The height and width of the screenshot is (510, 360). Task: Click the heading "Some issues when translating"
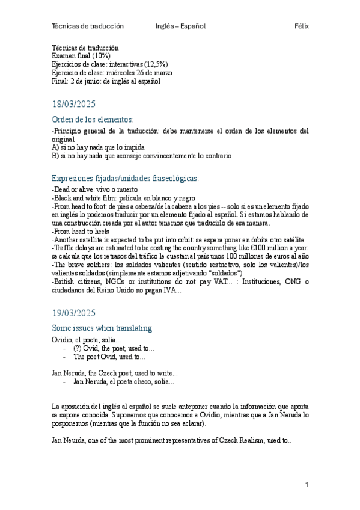pyautogui.click(x=102, y=328)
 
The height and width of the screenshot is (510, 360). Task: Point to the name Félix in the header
pyautogui.click(x=302, y=26)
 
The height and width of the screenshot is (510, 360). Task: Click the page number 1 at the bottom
pyautogui.click(x=307, y=485)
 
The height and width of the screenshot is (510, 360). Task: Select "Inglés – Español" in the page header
pyautogui.click(x=180, y=26)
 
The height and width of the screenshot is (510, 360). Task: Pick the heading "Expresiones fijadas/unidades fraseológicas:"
pyautogui.click(x=126, y=178)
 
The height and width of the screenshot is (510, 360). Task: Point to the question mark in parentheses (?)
pyautogui.click(x=77, y=348)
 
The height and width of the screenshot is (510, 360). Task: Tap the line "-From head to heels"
pyautogui.click(x=81, y=231)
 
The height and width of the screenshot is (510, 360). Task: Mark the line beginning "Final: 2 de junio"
pyautogui.click(x=106, y=81)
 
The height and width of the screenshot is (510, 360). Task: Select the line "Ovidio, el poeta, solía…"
pyautogui.click(x=87, y=340)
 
